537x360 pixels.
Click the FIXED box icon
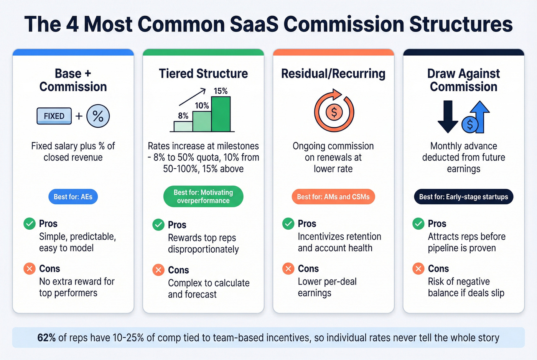pyautogui.click(x=54, y=116)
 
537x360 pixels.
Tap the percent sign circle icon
pyautogui.click(x=98, y=116)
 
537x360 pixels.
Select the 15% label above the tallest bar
pyautogui.click(x=221, y=91)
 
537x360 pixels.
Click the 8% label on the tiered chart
pyautogui.click(x=183, y=116)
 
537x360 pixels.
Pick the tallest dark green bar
pyautogui.click(x=221, y=114)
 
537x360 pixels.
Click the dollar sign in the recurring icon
pyautogui.click(x=334, y=112)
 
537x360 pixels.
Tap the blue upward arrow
pyautogui.click(x=479, y=115)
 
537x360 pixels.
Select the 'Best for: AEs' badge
pyautogui.click(x=73, y=197)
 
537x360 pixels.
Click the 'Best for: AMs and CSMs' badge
pyautogui.click(x=333, y=197)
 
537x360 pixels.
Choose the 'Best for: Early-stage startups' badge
pyautogui.click(x=463, y=197)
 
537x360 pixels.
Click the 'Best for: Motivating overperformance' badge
pyautogui.click(x=203, y=196)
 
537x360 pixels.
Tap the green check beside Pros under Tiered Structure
pyautogui.click(x=158, y=225)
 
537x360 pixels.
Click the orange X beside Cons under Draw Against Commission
pyautogui.click(x=418, y=268)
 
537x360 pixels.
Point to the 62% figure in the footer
pyautogui.click(x=46, y=338)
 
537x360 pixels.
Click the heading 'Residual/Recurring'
pyautogui.click(x=333, y=74)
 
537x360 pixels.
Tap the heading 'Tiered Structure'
pyautogui.click(x=203, y=74)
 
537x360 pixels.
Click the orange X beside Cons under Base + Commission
pyautogui.click(x=30, y=268)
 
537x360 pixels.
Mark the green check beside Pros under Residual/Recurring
pyautogui.click(x=288, y=224)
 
